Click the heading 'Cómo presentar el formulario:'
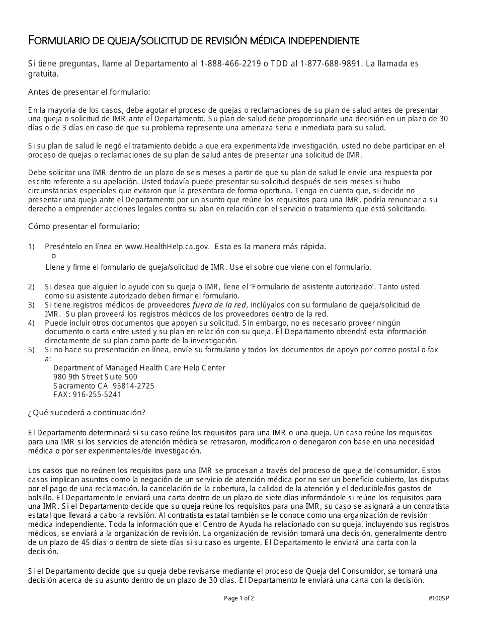[x=84, y=226]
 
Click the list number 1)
[x=32, y=246]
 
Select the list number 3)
[x=32, y=304]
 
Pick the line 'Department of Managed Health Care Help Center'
[x=139, y=368]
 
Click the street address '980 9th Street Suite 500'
[x=95, y=377]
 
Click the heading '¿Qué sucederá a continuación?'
[x=87, y=413]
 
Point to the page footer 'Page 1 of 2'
[x=239, y=598]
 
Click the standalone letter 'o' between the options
[x=54, y=256]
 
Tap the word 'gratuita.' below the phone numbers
[x=43, y=73]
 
